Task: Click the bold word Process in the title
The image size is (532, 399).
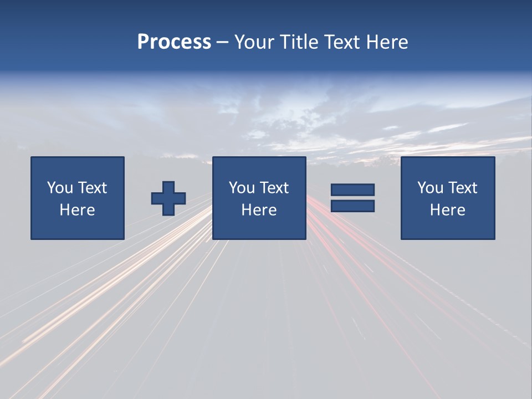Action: pos(174,42)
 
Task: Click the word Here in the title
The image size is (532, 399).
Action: pos(387,42)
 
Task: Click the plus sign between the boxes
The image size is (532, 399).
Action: pos(168,198)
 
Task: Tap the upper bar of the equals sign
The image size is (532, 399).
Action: pos(352,190)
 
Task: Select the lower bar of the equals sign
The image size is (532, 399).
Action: pos(352,206)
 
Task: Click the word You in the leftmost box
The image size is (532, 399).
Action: pos(60,188)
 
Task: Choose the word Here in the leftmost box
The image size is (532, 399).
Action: pos(77,210)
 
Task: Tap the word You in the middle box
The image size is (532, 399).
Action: pos(242,188)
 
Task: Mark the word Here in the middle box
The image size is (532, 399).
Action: pos(259,210)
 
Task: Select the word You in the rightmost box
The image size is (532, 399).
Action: pos(430,188)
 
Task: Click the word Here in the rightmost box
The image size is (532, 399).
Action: pos(447,210)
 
